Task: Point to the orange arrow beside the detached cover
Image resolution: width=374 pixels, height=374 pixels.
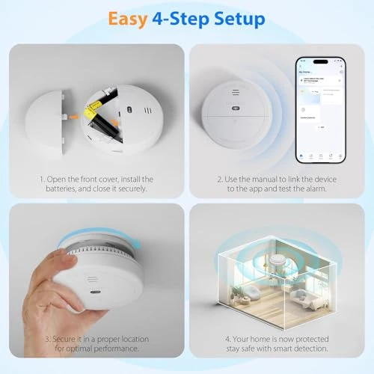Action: pos(75,116)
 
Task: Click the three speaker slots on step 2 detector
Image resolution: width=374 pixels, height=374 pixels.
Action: pos(235,93)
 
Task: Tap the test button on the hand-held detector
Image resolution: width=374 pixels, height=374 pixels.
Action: pos(96,293)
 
